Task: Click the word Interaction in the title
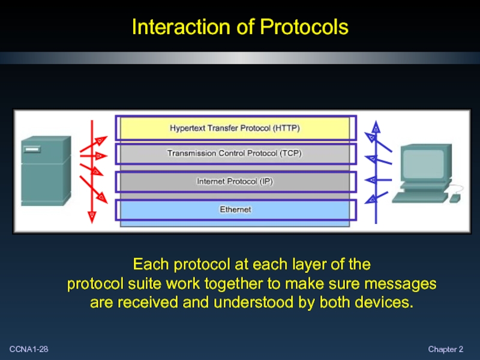[181, 26]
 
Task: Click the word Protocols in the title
[304, 26]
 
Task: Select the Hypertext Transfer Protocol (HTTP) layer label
[235, 128]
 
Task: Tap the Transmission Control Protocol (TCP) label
[235, 153]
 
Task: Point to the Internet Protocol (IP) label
[235, 181]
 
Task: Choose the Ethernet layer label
[235, 209]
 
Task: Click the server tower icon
[46, 171]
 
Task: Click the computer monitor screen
[424, 163]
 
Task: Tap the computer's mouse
[455, 198]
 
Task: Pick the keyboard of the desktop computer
[419, 197]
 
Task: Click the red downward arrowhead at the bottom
[92, 217]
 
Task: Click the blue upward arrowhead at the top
[376, 127]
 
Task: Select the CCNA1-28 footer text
[29, 349]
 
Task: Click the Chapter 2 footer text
[445, 349]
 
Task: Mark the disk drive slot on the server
[32, 149]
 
